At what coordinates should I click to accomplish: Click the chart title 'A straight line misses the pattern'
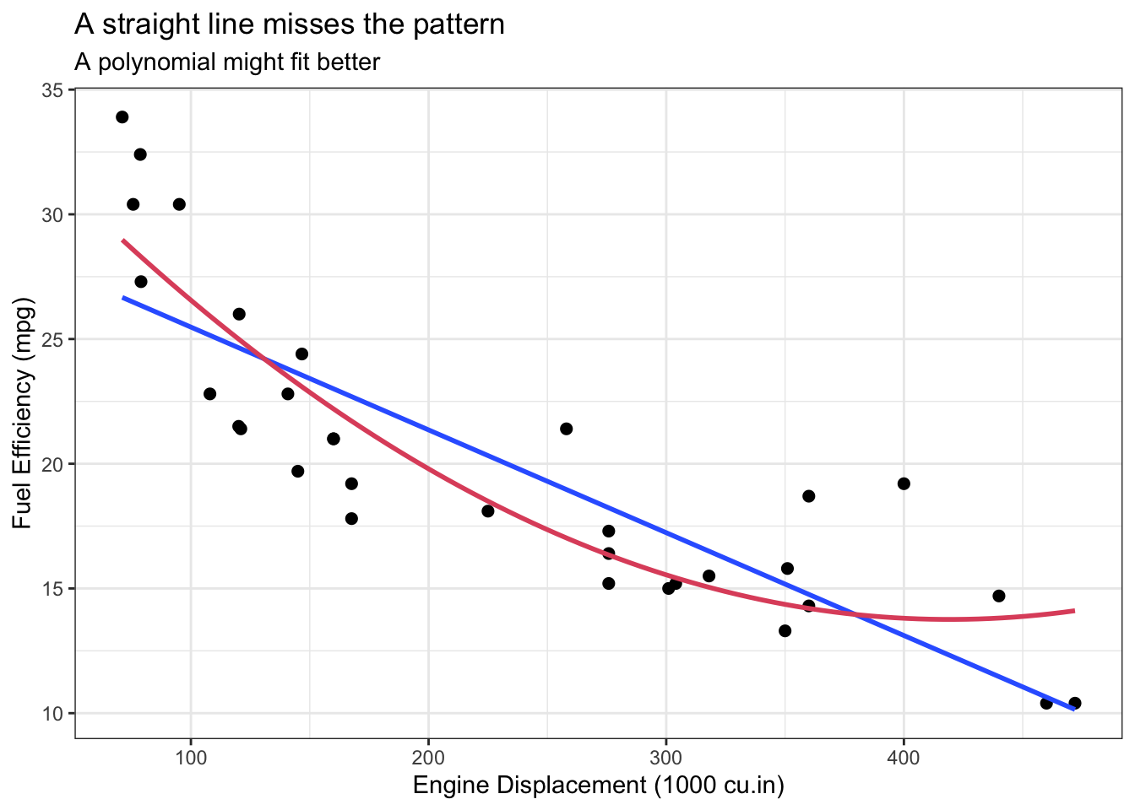(289, 24)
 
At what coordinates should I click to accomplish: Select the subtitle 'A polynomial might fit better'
(227, 62)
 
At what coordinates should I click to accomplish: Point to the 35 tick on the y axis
(53, 89)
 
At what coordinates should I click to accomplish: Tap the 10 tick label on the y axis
(53, 713)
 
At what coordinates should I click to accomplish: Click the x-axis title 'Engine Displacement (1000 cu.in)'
(598, 786)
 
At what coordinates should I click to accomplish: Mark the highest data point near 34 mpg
(122, 117)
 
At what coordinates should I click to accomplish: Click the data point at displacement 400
(904, 483)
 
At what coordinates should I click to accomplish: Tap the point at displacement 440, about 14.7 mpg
(999, 596)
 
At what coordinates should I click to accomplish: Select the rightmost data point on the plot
(1074, 703)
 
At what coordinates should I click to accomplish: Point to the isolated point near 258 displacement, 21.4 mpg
(567, 429)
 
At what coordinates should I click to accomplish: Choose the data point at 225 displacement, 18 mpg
(488, 510)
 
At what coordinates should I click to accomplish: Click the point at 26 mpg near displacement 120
(239, 314)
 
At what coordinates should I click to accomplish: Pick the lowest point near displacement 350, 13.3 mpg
(785, 630)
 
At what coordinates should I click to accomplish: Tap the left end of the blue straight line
(123, 298)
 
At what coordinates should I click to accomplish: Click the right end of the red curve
(1074, 610)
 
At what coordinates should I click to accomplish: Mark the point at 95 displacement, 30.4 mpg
(179, 204)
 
